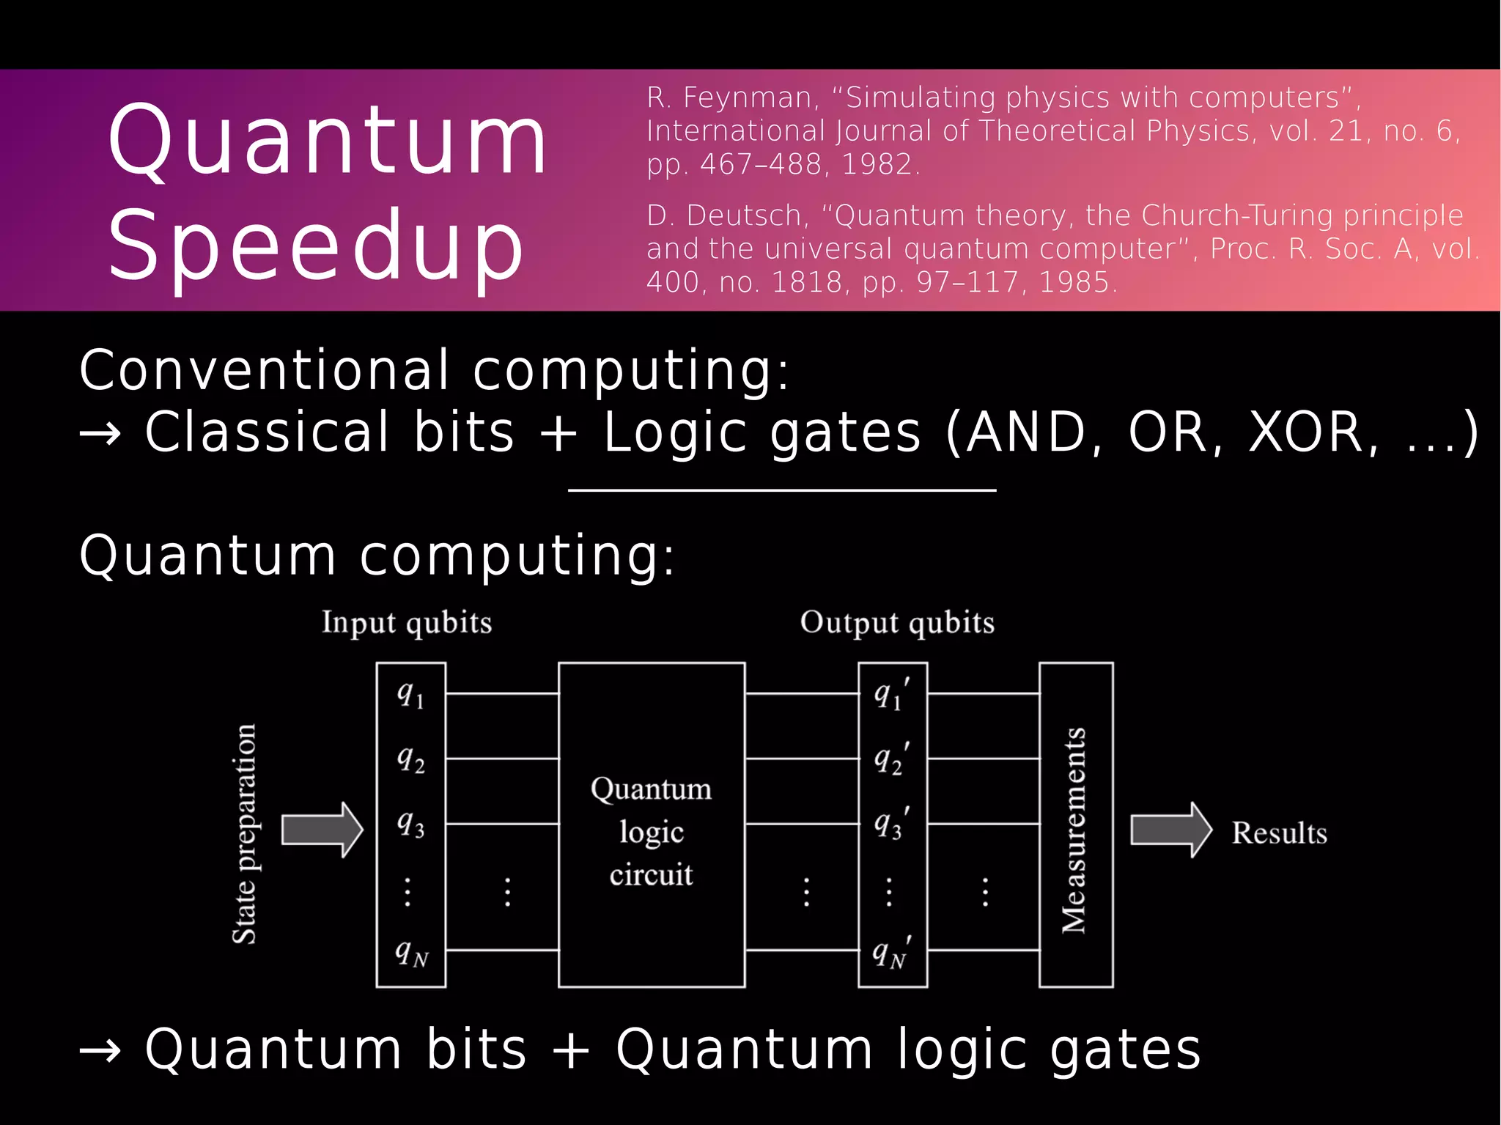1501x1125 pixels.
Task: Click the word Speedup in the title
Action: (315, 246)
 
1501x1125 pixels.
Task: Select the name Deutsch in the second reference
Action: (745, 215)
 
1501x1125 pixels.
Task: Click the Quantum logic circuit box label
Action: (651, 831)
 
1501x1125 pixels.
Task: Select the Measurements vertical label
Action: (1074, 830)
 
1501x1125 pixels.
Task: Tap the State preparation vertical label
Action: (244, 833)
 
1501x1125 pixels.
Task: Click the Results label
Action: (1279, 833)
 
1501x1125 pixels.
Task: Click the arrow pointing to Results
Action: (1170, 830)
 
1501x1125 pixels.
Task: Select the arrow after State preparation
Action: (322, 830)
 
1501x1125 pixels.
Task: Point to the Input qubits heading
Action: (407, 622)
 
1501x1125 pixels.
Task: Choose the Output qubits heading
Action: (897, 622)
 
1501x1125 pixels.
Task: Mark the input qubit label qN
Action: (411, 954)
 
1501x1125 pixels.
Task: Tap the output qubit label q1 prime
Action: (891, 693)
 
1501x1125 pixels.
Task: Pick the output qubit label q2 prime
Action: (891, 759)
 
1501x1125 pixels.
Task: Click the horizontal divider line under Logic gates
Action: (782, 490)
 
